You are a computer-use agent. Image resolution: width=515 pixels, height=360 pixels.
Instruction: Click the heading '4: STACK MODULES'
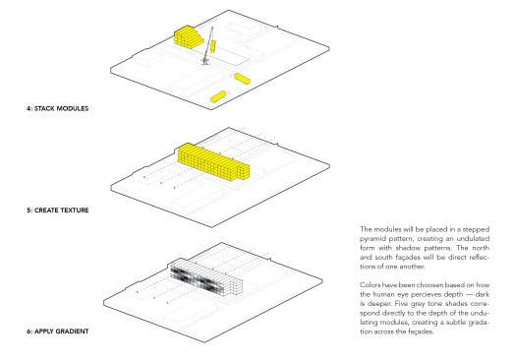[57, 108]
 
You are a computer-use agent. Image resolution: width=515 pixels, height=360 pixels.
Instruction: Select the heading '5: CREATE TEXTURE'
[58, 210]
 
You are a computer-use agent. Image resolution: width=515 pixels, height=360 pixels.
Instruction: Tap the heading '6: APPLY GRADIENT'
[58, 331]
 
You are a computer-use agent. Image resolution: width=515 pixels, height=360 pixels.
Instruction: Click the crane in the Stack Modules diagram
[208, 46]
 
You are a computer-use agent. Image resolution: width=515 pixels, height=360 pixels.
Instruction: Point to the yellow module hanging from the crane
[213, 46]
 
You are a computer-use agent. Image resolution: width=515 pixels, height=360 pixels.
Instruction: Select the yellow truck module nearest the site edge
[218, 96]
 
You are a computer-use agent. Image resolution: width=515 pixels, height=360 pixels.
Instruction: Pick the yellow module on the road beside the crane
[243, 79]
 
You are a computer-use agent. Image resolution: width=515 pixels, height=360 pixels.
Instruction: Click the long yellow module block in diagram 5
[213, 162]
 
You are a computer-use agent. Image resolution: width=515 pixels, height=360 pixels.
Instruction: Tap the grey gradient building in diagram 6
[206, 278]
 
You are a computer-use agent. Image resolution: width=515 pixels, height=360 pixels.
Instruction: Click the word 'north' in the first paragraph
[481, 248]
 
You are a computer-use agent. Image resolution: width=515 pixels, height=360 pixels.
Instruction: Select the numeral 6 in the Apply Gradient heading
[29, 331]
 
